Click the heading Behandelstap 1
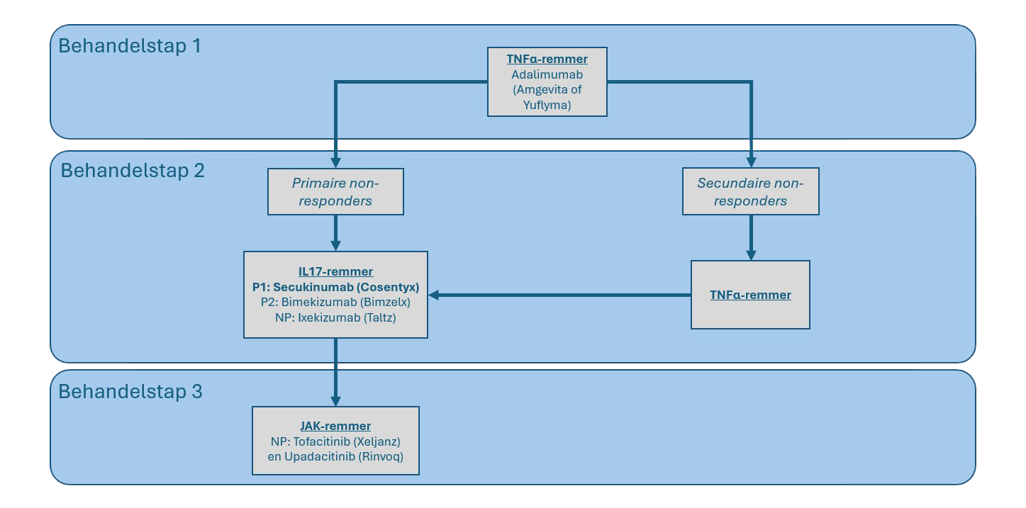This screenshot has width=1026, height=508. (130, 46)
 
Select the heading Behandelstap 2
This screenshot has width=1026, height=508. (133, 171)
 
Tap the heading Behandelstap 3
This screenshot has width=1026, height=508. (130, 391)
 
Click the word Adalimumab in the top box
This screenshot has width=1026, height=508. (547, 74)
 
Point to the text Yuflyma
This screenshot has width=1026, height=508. (547, 106)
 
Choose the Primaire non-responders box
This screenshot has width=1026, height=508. (335, 191)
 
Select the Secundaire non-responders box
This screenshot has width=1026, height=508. (750, 191)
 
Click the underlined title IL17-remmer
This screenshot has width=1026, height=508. (335, 271)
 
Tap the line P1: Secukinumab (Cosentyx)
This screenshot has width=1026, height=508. (335, 287)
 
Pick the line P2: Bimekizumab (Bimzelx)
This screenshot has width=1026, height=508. (335, 303)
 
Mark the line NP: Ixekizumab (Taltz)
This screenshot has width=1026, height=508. (335, 318)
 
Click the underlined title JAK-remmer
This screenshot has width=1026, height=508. (335, 426)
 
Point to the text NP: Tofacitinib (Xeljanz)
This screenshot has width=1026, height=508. (335, 441)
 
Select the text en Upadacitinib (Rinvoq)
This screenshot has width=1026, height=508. (335, 457)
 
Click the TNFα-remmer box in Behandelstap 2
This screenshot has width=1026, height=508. (750, 295)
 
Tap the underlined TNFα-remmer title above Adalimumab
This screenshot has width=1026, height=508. (547, 59)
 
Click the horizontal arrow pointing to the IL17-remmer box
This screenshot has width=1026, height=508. (560, 295)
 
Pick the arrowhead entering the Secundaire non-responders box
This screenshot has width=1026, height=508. (751, 162)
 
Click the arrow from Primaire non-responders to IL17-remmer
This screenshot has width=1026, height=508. (335, 232)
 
